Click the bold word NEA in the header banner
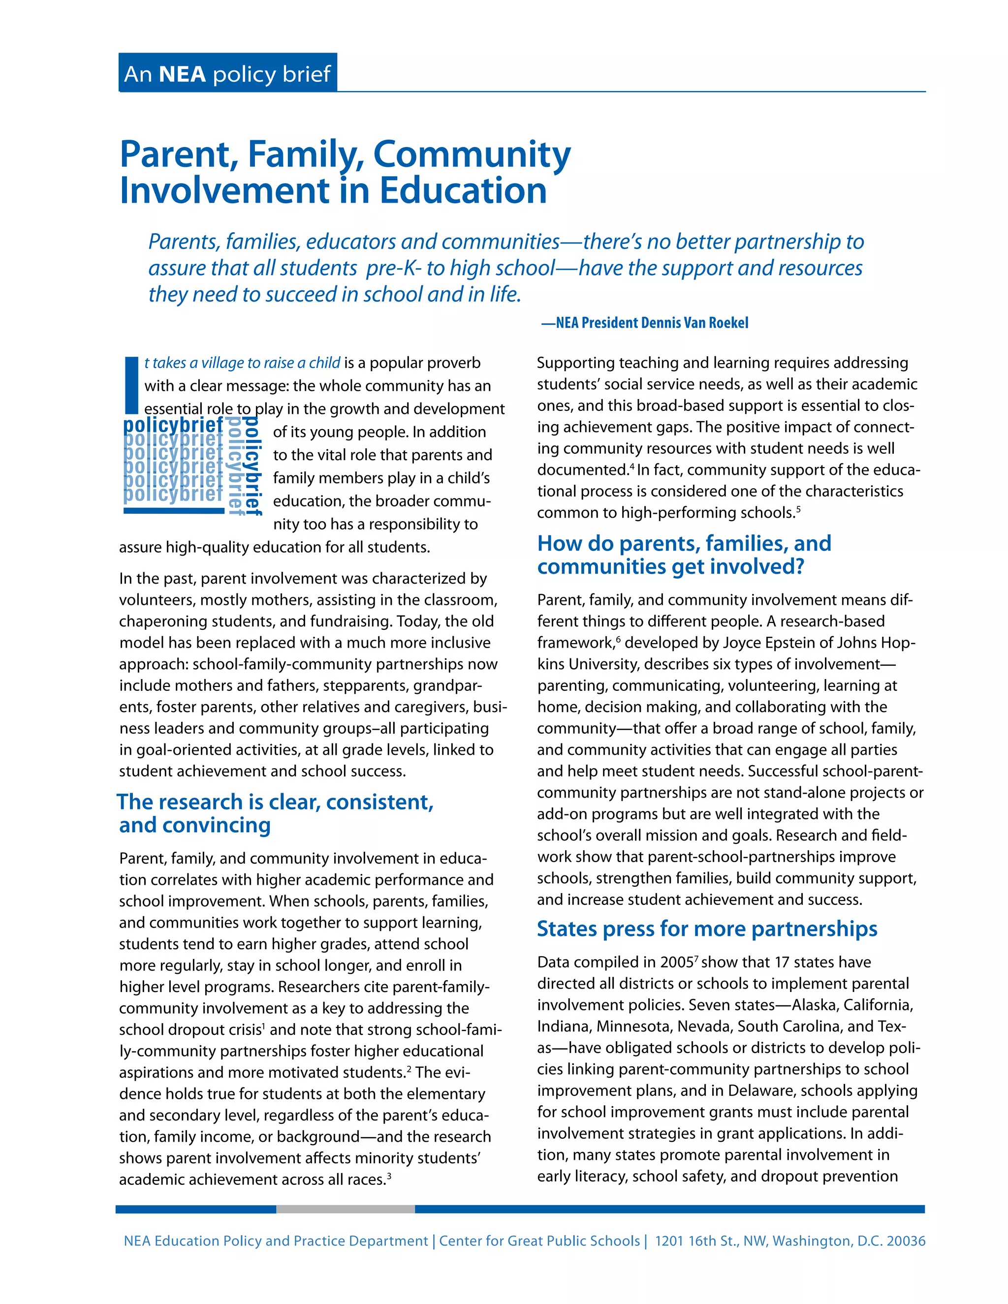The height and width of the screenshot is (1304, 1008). [182, 74]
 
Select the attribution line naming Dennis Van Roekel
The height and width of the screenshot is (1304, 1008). [644, 323]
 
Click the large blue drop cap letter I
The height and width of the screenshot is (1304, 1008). [131, 386]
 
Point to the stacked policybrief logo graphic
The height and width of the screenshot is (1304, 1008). [191, 466]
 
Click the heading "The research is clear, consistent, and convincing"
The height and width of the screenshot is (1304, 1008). [275, 813]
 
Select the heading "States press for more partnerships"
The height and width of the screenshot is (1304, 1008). [706, 929]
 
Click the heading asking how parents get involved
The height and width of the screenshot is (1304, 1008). [684, 555]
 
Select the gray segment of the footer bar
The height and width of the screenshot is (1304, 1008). [345, 1209]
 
